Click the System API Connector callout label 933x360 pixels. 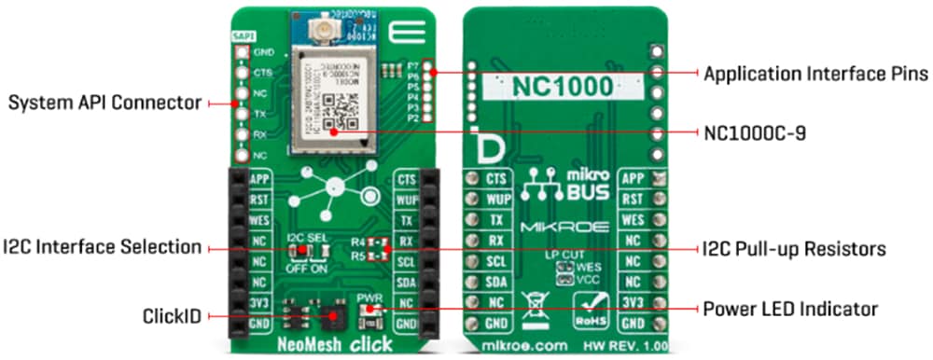pyautogui.click(x=105, y=104)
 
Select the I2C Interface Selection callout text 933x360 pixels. pyautogui.click(x=102, y=247)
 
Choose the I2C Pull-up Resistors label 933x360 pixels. pyautogui.click(x=793, y=249)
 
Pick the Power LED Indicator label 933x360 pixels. pyautogui.click(x=789, y=308)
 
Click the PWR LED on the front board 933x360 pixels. pyautogui.click(x=370, y=310)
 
